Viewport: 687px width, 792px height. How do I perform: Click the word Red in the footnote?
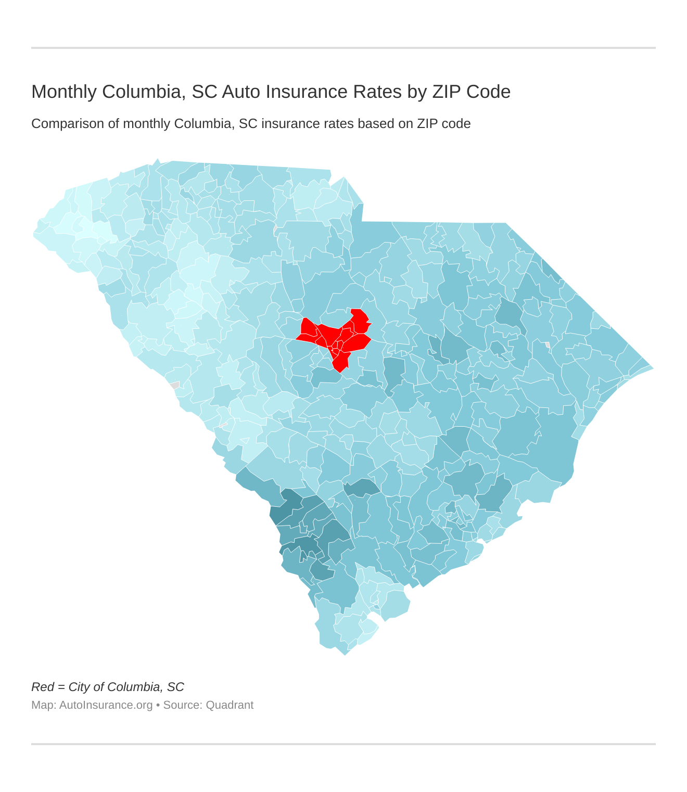pyautogui.click(x=42, y=687)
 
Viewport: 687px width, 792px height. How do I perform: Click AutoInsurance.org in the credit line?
pyautogui.click(x=106, y=705)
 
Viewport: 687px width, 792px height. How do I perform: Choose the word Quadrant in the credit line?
pyautogui.click(x=230, y=705)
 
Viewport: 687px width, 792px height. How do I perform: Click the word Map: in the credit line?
pyautogui.click(x=44, y=705)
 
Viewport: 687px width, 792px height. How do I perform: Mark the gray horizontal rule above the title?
pyautogui.click(x=344, y=48)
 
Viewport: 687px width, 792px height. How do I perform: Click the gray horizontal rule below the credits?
pyautogui.click(x=344, y=744)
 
